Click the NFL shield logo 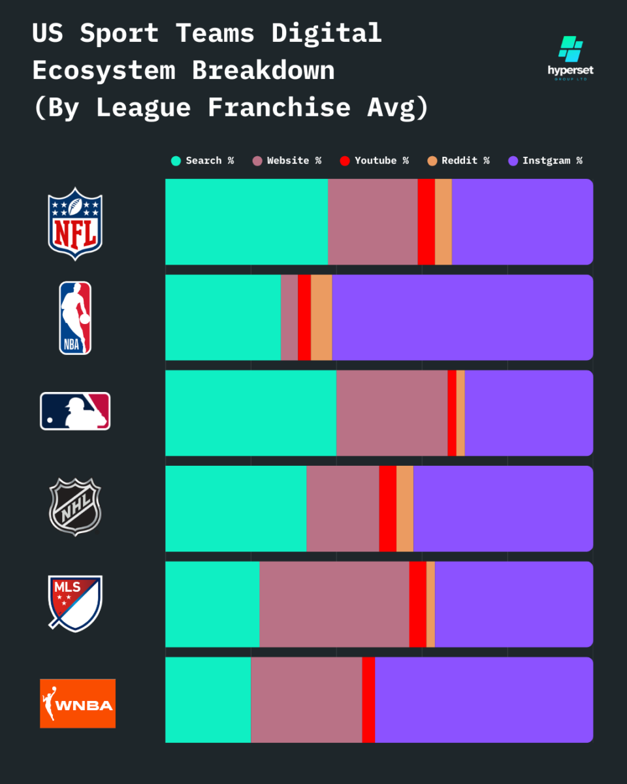pyautogui.click(x=75, y=223)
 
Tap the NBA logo pyautogui.click(x=75, y=318)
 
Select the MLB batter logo pyautogui.click(x=75, y=411)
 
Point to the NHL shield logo pyautogui.click(x=75, y=506)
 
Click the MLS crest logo pyautogui.click(x=75, y=603)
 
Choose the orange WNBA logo pyautogui.click(x=78, y=703)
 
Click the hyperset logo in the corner pyautogui.click(x=570, y=57)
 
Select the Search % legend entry pyautogui.click(x=202, y=161)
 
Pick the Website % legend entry pyautogui.click(x=287, y=161)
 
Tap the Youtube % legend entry pyautogui.click(x=374, y=161)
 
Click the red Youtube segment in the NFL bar pyautogui.click(x=426, y=221)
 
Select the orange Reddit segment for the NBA pyautogui.click(x=321, y=318)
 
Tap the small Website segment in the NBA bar pyautogui.click(x=289, y=318)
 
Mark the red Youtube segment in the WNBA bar pyautogui.click(x=368, y=700)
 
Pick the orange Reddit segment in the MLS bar pyautogui.click(x=430, y=604)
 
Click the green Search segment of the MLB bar pyautogui.click(x=251, y=413)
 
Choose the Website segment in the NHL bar pyautogui.click(x=342, y=508)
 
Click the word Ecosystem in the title pyautogui.click(x=104, y=70)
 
